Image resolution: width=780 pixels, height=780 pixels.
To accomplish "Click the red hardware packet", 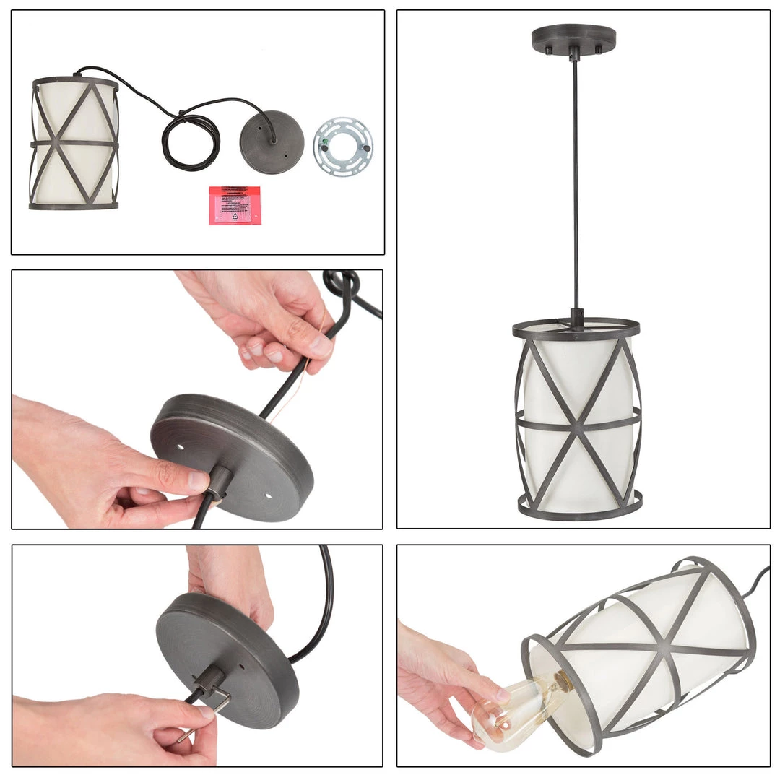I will tap(235, 205).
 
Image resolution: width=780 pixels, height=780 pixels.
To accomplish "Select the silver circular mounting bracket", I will tap(343, 145).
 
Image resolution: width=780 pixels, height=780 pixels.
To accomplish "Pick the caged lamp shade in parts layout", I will tap(74, 144).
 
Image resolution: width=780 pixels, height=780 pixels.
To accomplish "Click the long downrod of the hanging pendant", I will tap(576, 181).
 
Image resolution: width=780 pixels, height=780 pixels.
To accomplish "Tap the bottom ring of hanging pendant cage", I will tap(580, 506).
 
